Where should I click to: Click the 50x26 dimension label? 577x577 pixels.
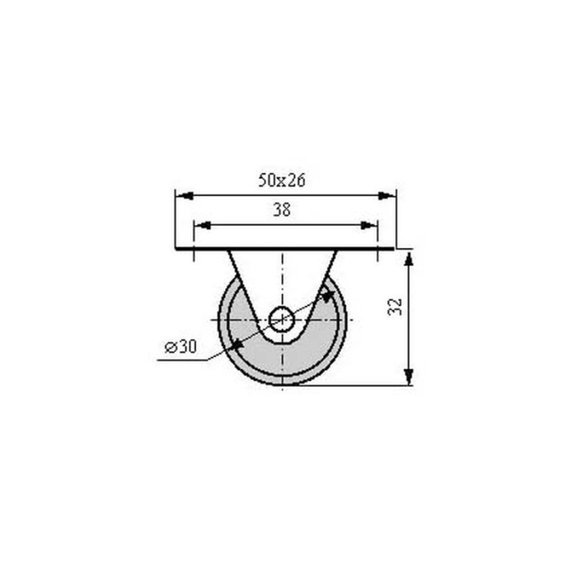click(282, 181)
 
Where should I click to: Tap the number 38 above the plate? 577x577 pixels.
click(282, 209)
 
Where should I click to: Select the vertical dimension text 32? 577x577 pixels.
click(395, 307)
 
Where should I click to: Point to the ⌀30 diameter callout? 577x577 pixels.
click(181, 347)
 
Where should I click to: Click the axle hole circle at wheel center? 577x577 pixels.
click(282, 320)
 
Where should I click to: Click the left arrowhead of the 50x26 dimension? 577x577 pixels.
click(185, 195)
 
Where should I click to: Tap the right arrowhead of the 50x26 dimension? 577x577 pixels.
click(387, 195)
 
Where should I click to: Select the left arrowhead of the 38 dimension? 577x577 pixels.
click(203, 225)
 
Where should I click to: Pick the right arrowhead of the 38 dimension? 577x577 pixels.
click(369, 225)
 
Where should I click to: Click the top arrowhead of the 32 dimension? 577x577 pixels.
click(409, 258)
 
